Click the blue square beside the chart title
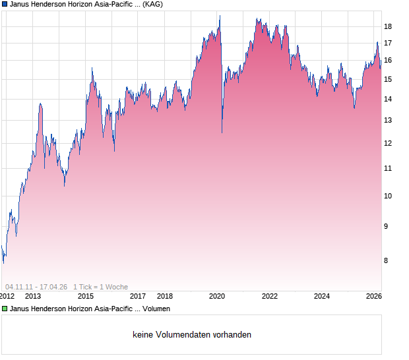[5, 4]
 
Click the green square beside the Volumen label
[5, 308]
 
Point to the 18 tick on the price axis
[388, 26]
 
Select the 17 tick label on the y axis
[388, 44]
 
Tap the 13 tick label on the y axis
[388, 121]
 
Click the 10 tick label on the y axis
[388, 196]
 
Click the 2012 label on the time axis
[7, 297]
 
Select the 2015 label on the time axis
[86, 297]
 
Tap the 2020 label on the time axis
[217, 297]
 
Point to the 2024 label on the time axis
[321, 297]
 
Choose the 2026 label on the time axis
[373, 297]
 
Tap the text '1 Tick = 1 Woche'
[101, 287]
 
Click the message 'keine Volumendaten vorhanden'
[192, 335]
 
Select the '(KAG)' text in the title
[151, 4]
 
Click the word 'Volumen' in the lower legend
[156, 308]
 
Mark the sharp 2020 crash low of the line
[222, 132]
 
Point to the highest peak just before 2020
[220, 16]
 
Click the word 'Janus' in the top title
[20, 4]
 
